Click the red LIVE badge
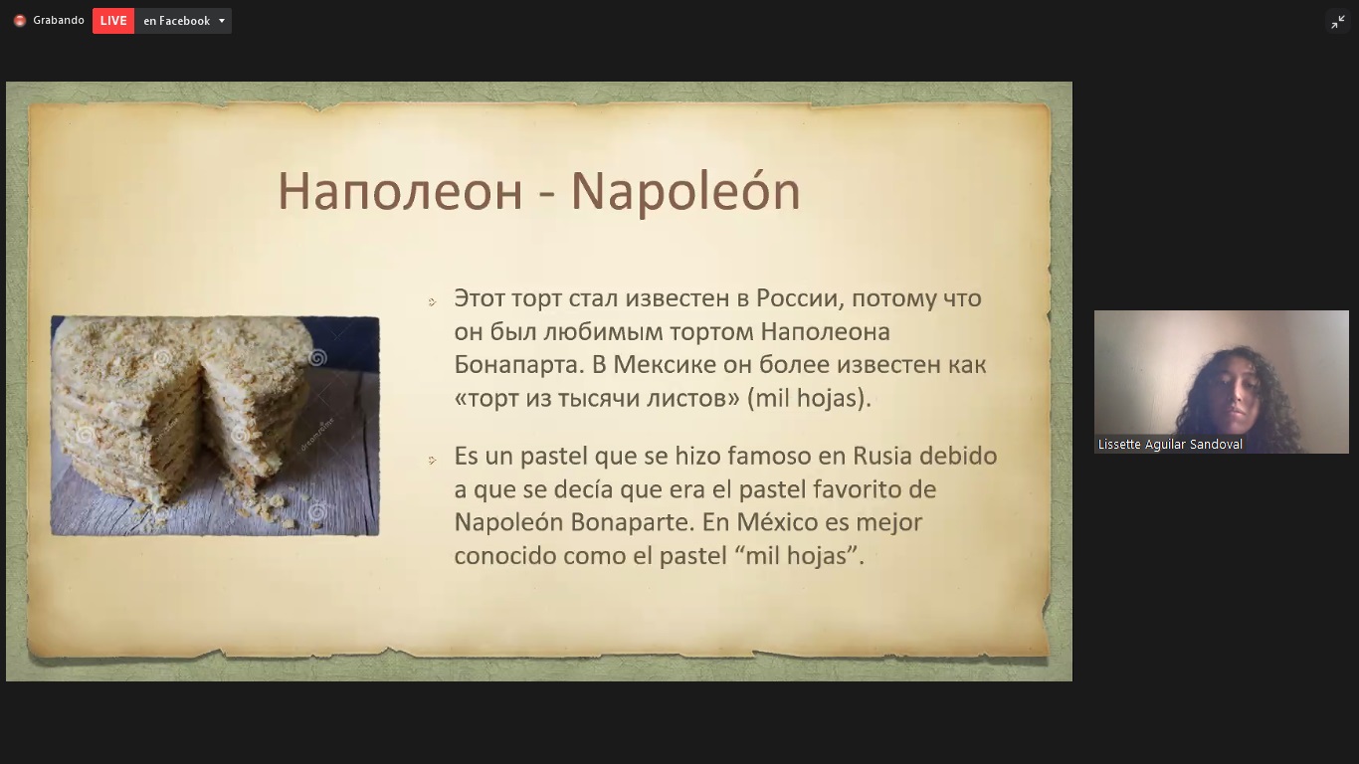pos(113,21)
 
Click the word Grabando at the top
pos(59,21)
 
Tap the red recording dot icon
pos(20,21)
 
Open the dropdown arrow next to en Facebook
pos(222,21)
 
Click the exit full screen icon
pos(1338,23)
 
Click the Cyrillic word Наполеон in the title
pos(400,192)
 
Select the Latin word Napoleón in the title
pos(685,192)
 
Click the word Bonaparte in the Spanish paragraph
pos(632,522)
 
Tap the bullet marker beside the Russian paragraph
pos(432,301)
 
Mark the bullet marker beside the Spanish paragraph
pos(432,461)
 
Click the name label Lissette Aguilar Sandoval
pos(1170,445)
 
